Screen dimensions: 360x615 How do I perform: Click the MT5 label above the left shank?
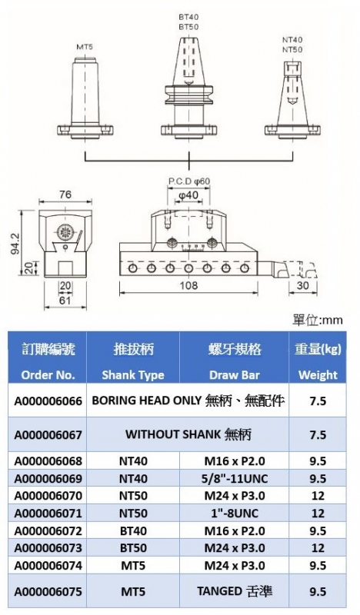pos(85,47)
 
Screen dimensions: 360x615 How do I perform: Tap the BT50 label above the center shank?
pos(188,27)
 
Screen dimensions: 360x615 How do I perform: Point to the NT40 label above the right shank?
pos(292,40)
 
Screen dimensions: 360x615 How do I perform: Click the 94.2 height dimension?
pos(15,244)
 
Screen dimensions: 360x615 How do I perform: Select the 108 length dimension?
pos(188,285)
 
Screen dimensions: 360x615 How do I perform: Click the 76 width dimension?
pos(65,195)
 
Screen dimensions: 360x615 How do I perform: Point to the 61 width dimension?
pos(65,300)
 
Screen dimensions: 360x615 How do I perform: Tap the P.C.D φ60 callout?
pos(189,181)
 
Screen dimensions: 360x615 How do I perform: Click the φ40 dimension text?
pos(188,195)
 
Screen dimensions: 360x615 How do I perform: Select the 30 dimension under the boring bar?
pos(302,285)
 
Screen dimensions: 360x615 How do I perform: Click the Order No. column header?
pos(48,375)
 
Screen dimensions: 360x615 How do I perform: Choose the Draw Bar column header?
pos(235,375)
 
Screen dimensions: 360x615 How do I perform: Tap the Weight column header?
pos(318,375)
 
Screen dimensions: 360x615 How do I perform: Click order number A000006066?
pos(48,401)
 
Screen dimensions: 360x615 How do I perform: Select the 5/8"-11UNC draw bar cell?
pos(235,478)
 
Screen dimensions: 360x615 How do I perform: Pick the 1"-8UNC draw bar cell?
pos(235,513)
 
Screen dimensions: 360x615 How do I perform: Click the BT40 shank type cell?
pos(133,530)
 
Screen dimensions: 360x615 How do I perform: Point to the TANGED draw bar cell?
pos(235,591)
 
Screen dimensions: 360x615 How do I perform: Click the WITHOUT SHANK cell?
pos(188,434)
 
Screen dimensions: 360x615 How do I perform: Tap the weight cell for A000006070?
pos(318,496)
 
